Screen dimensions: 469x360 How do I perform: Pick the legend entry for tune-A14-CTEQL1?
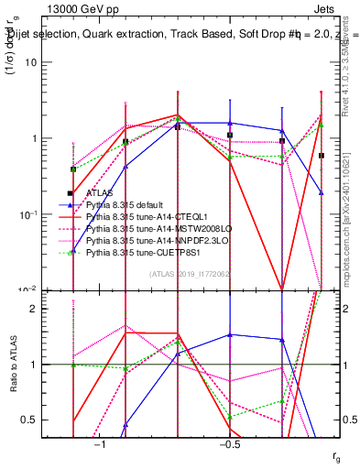click(x=146, y=216)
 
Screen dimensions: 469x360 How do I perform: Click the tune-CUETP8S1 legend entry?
click(x=143, y=251)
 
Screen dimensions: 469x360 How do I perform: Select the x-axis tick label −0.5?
click(x=229, y=444)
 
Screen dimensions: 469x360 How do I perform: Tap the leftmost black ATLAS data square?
click(x=70, y=193)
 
